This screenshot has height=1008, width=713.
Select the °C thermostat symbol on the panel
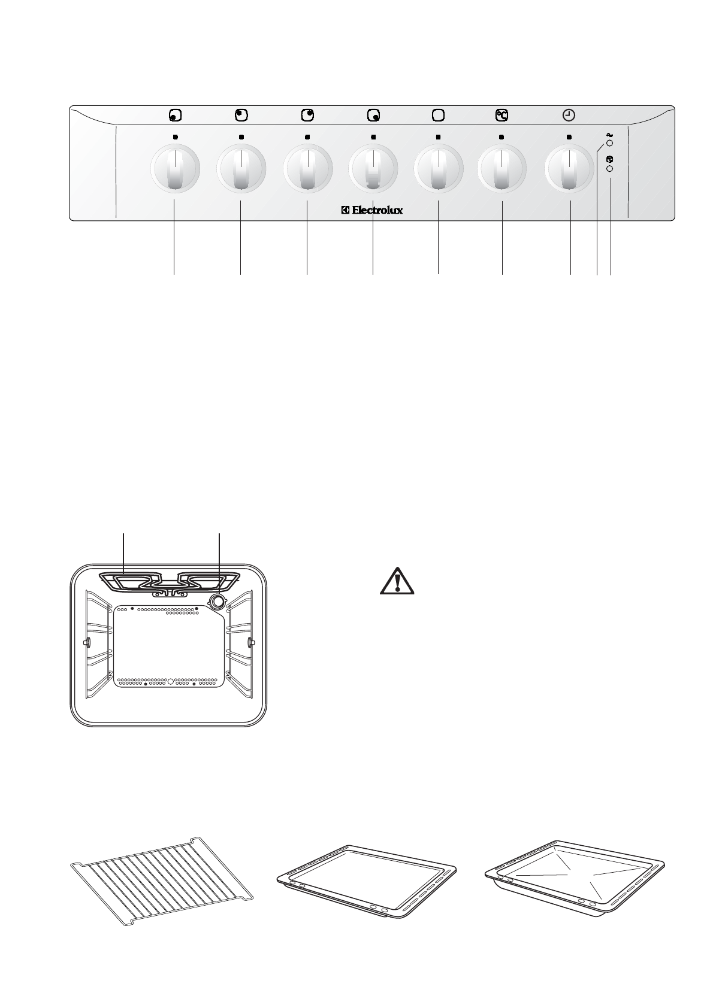[501, 115]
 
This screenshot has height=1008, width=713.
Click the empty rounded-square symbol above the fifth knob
[438, 115]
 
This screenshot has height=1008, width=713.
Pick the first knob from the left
[174, 168]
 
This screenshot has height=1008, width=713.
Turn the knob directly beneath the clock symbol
[569, 168]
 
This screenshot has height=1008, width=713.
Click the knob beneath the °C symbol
[502, 168]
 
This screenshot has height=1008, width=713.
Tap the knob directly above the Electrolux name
[372, 168]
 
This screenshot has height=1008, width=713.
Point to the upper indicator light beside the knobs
[609, 144]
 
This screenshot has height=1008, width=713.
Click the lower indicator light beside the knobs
[610, 169]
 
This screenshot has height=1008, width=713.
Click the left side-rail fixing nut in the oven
[87, 643]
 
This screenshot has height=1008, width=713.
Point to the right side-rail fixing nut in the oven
[250, 643]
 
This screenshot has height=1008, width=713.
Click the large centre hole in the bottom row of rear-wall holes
[170, 681]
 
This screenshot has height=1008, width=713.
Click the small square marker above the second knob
[241, 136]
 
